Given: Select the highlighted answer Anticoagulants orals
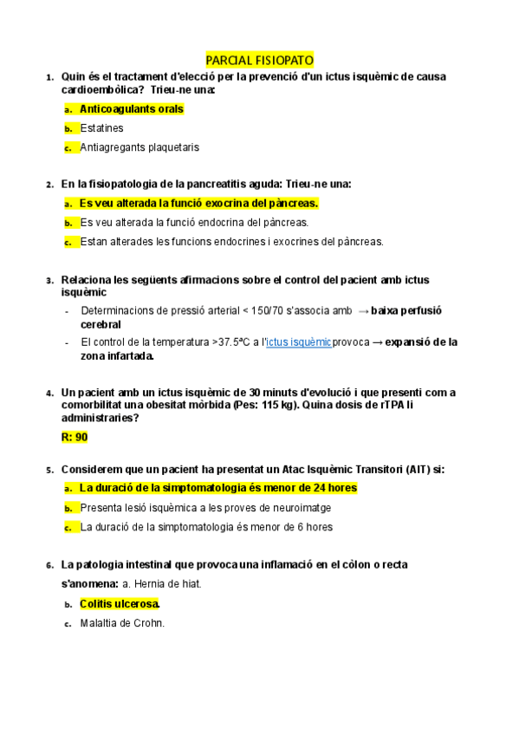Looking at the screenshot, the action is click(x=131, y=109).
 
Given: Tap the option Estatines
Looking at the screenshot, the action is click(x=101, y=128).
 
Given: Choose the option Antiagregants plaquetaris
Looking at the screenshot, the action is click(x=139, y=147).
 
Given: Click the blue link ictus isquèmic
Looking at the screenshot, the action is click(x=299, y=342).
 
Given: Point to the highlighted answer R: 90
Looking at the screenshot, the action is click(x=75, y=437).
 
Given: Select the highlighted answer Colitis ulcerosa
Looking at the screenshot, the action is click(x=120, y=603).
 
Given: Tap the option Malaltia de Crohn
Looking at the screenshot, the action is click(x=121, y=622).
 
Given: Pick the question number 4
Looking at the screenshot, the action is click(x=50, y=394).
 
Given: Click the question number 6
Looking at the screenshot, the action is click(x=50, y=565).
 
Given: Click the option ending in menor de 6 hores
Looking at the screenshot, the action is click(x=205, y=526).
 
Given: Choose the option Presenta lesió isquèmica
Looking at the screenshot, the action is click(x=204, y=507).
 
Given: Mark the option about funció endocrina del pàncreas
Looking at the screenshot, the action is click(x=193, y=223).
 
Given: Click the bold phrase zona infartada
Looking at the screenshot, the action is click(x=117, y=355).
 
